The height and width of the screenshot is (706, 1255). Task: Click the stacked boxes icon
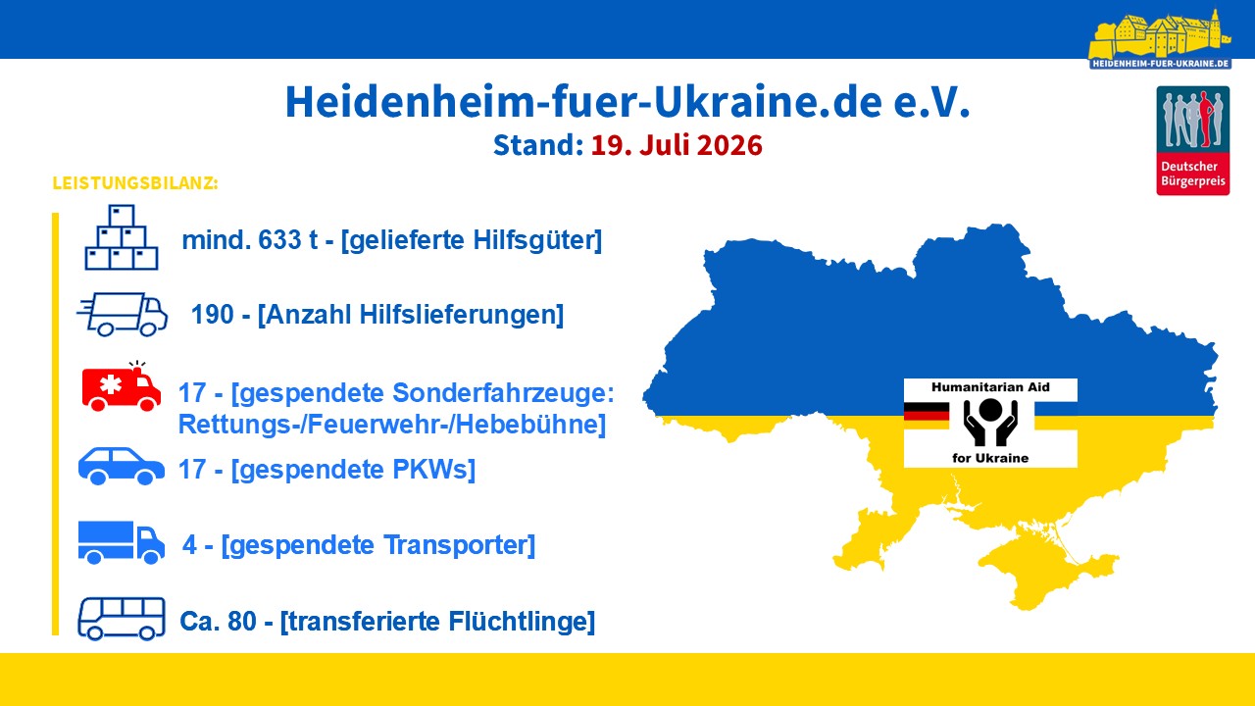(122, 237)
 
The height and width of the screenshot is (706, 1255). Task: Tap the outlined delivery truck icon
(123, 315)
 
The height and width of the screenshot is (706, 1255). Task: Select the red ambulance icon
(121, 386)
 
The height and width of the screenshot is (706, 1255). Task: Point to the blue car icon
(122, 466)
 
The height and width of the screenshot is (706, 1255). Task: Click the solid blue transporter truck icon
(122, 542)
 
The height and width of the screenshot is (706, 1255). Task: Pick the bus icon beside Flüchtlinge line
(122, 619)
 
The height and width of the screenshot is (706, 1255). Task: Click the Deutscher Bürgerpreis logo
(1193, 140)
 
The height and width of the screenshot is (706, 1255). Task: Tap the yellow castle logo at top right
(1160, 39)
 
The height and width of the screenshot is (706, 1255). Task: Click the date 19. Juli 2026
(677, 145)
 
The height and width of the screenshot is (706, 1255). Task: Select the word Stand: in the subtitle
(538, 145)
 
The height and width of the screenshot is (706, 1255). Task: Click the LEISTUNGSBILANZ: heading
(135, 183)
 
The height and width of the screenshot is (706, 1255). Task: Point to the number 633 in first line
(279, 240)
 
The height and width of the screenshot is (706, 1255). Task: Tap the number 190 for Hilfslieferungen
(213, 315)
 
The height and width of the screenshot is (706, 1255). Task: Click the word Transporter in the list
(454, 545)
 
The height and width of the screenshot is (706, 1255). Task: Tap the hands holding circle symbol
(990, 423)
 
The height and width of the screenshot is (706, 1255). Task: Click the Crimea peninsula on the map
(1042, 572)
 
